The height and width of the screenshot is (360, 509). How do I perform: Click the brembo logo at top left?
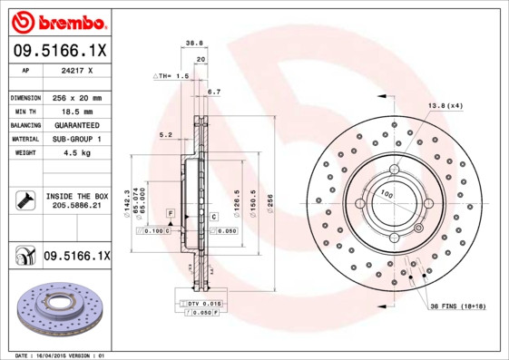tap(59, 21)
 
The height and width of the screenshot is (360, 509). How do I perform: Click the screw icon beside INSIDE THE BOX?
tap(24, 200)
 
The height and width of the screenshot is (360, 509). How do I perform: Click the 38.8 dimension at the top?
tap(192, 42)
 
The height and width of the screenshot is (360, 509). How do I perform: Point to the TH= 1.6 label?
tap(171, 77)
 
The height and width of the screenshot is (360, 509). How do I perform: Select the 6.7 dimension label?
tap(214, 92)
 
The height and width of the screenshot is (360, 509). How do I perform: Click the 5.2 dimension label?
tap(165, 134)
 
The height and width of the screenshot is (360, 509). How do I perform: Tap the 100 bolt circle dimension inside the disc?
tap(386, 193)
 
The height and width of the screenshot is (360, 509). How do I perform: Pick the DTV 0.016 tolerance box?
tap(205, 303)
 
